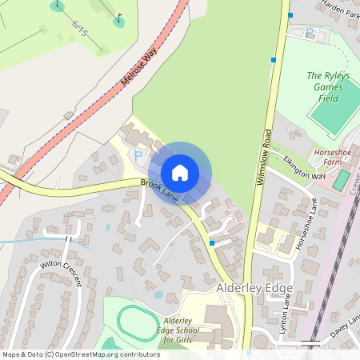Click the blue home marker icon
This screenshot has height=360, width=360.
pos(180,172)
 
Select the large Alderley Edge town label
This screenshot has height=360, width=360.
pos(255,287)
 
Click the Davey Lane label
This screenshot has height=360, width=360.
pos(344,325)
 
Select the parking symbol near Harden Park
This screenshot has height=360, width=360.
pos(310,33)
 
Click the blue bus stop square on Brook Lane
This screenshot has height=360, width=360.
pos(211,242)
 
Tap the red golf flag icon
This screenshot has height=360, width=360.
pos(120,18)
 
